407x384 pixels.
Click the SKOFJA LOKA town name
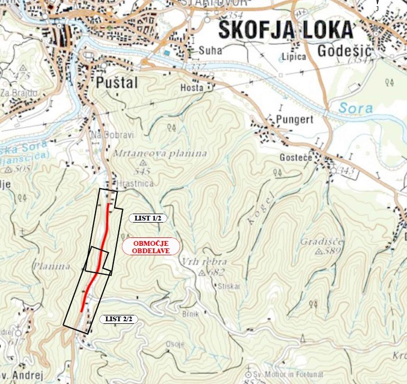click(285, 30)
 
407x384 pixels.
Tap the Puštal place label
click(117, 83)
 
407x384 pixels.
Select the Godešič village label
click(345, 51)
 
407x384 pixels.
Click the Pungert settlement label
click(295, 120)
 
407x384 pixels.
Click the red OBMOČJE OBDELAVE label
click(151, 247)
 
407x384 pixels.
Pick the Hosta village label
click(192, 88)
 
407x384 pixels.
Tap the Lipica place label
click(294, 56)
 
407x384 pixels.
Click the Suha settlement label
click(211, 51)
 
